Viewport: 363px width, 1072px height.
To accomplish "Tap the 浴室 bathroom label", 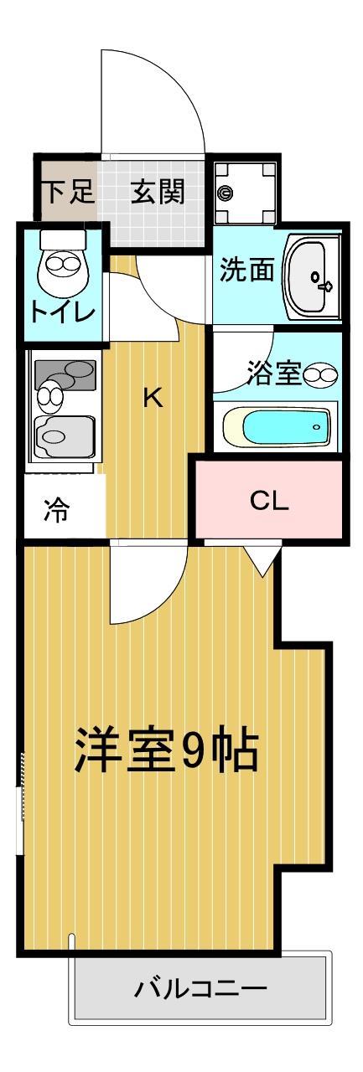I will [x=273, y=373].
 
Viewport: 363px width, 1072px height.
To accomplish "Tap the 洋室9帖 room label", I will [x=167, y=750].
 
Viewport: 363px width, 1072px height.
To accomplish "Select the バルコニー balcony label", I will [x=201, y=989].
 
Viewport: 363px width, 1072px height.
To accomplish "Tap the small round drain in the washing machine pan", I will [x=225, y=193].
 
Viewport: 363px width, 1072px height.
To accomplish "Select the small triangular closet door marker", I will [x=262, y=560].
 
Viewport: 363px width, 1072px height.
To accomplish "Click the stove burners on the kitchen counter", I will [x=65, y=376].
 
